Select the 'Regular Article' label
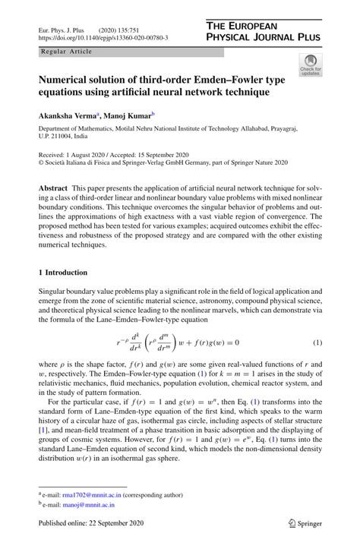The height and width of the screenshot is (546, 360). (x=68, y=52)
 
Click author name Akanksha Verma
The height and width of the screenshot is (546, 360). (x=66, y=116)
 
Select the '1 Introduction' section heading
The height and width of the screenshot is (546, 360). (x=63, y=272)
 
